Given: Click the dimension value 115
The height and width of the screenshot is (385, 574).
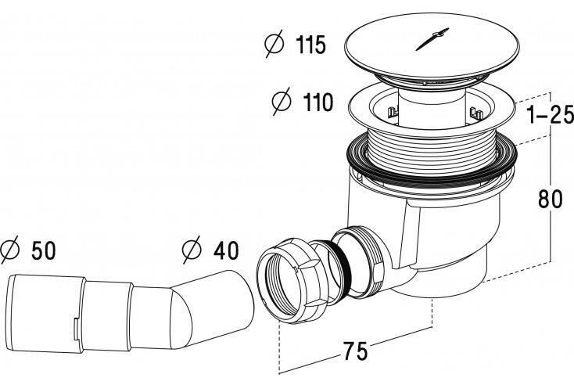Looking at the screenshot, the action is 310,45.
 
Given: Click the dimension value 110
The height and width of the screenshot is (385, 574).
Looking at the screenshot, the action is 318,103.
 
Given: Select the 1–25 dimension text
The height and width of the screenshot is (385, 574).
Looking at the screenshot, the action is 550,115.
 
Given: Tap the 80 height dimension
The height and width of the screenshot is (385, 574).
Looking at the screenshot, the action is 550,200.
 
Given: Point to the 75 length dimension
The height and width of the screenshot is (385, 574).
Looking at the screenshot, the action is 355,351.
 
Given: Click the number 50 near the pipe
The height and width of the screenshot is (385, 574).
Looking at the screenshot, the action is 44,251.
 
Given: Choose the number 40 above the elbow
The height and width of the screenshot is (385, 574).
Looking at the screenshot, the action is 226,250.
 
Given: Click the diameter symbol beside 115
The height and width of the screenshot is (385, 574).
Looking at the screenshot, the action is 274,44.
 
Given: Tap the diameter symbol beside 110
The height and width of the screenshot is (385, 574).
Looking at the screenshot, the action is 282,101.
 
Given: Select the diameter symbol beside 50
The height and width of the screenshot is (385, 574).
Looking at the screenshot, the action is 9,250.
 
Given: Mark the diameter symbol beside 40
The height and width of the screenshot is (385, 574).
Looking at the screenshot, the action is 192,250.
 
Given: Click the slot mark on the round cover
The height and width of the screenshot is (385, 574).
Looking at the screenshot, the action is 432,38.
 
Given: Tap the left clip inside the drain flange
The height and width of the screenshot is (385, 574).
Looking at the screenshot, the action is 391,111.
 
